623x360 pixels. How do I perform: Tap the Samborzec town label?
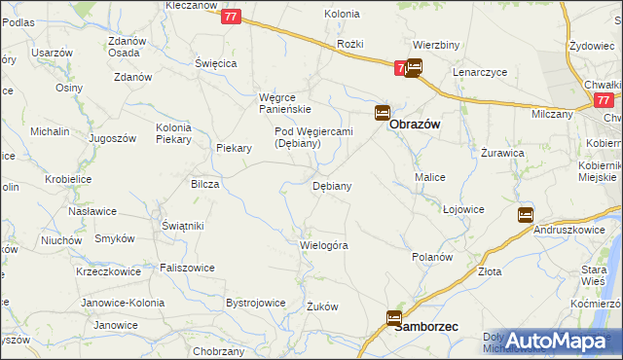426,328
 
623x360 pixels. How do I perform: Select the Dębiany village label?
331,185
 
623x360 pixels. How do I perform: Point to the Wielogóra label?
324,245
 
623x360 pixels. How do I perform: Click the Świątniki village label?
182,226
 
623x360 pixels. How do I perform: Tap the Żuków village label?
322,306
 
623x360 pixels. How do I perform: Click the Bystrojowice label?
256,303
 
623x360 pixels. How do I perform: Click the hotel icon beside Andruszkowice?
526,214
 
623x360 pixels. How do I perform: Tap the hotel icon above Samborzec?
394,317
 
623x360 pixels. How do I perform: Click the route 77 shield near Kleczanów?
231,17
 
